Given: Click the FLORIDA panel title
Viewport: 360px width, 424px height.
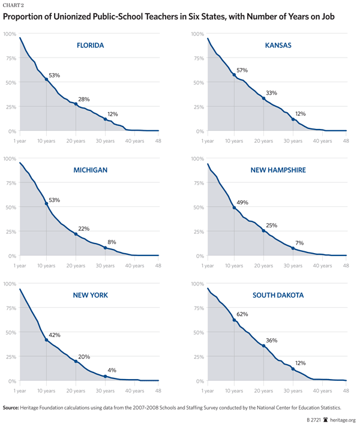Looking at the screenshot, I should click(91, 46).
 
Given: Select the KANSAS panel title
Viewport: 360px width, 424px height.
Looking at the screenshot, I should click(278, 46).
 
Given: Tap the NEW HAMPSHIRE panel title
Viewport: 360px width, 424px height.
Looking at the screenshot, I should click(278, 170).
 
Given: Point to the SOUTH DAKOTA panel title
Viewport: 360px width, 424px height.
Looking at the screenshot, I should click(278, 295).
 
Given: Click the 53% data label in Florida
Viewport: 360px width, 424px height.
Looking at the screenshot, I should click(54, 75).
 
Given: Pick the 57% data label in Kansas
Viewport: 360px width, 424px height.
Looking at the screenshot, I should click(242, 70).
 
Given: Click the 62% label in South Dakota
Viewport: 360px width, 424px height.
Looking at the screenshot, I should click(242, 314).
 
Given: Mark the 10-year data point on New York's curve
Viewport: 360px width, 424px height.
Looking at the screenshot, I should click(46, 340).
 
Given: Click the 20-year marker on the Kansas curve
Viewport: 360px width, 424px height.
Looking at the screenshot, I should click(263, 98).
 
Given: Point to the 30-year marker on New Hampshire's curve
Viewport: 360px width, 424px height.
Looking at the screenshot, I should click(293, 248).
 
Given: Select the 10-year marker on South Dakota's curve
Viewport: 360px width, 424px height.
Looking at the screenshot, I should click(234, 320).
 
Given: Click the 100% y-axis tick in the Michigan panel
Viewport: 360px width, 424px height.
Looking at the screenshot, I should click(10, 158).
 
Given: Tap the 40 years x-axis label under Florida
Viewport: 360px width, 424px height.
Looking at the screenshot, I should click(134, 141).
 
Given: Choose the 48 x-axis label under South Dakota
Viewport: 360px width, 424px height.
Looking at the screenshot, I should click(346, 390).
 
